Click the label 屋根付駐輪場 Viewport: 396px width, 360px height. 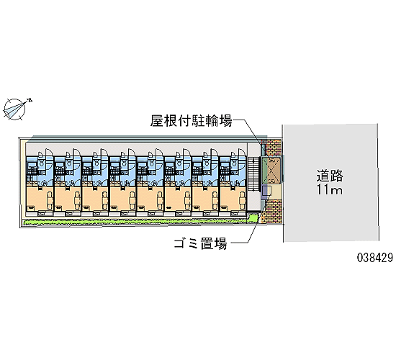[192, 120]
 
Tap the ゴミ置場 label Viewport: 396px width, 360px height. [201, 244]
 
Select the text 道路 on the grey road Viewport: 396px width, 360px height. [330, 176]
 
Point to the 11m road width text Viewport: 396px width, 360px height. [330, 190]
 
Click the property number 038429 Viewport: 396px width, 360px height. [375, 258]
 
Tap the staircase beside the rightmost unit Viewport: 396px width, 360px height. [253, 174]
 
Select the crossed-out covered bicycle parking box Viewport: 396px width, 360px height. [271, 170]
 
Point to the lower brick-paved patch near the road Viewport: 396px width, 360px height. [271, 212]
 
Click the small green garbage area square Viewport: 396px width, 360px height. [253, 219]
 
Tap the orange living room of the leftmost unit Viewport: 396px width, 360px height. [40, 199]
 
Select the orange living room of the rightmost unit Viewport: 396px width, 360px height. [233, 199]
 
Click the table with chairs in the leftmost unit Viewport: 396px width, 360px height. [50, 201]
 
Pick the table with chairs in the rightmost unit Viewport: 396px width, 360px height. [243, 201]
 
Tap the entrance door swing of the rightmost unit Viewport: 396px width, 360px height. [242, 153]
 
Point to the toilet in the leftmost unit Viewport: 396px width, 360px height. [40, 163]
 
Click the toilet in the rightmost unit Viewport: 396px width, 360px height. [233, 163]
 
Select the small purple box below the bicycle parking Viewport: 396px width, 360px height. [266, 191]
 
